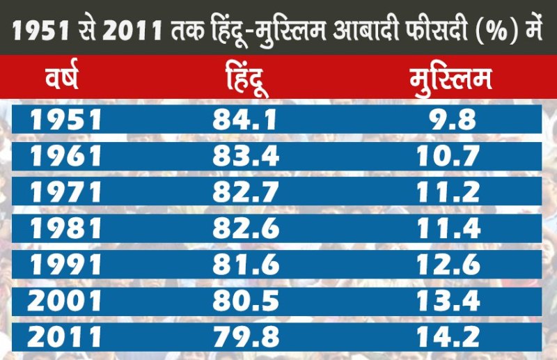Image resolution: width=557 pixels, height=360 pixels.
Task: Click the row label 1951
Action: pos(65,120)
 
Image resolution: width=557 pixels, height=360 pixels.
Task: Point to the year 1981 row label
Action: pos(65,228)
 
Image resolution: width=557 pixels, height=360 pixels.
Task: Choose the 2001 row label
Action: pos(65,302)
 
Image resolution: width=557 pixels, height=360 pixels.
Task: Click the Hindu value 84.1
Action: pos(245,120)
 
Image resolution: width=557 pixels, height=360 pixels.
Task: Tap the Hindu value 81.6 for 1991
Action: pos(245,265)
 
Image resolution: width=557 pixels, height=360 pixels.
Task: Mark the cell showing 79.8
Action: pos(245,338)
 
